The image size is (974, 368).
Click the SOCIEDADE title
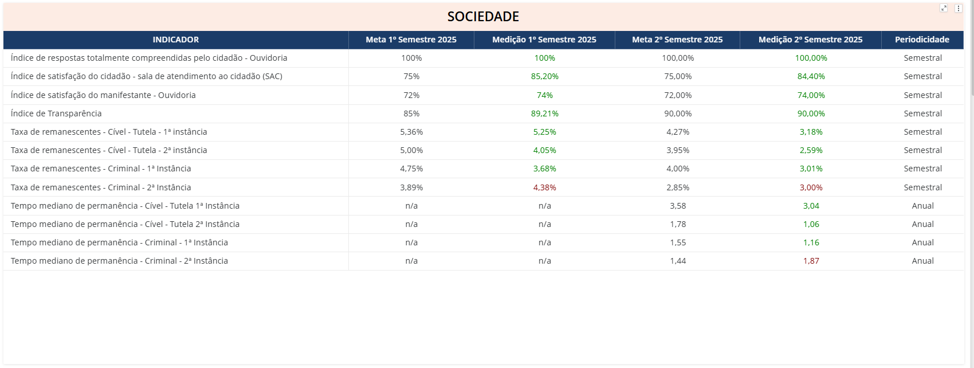(483, 17)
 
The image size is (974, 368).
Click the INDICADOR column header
(176, 40)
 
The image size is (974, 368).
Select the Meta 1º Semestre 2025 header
(411, 40)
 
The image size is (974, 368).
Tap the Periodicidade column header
(922, 40)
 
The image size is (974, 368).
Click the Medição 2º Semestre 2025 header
(810, 40)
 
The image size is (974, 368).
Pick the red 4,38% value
(544, 187)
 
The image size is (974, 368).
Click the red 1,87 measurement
(811, 261)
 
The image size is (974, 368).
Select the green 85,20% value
(544, 76)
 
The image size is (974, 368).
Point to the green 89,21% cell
(544, 113)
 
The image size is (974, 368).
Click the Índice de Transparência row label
(56, 113)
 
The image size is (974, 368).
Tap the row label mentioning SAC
(146, 76)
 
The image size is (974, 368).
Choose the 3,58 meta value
(678, 206)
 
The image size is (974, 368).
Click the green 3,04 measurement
(811, 206)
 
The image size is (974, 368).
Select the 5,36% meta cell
(411, 132)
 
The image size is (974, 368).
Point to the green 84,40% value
(811, 76)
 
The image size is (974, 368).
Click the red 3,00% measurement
(811, 187)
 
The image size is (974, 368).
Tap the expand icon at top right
(944, 8)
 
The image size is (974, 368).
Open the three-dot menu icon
(958, 8)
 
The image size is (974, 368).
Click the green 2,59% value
(811, 150)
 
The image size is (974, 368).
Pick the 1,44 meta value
(678, 261)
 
